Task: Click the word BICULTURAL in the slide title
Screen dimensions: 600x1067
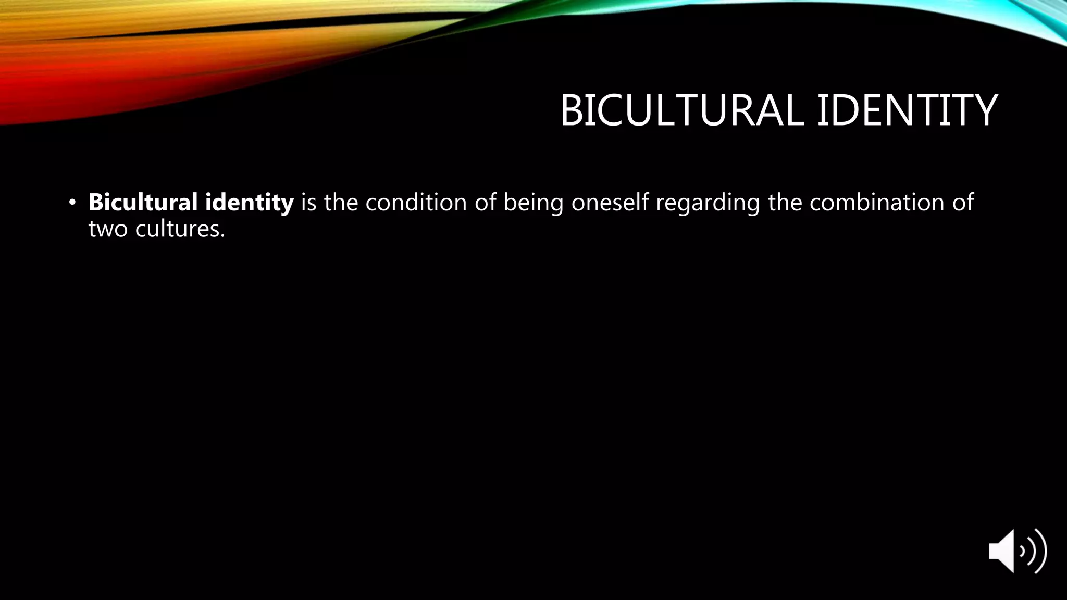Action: click(x=681, y=110)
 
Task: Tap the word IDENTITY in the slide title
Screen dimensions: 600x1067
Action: click(x=907, y=110)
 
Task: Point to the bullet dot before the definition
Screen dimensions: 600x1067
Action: click(x=72, y=203)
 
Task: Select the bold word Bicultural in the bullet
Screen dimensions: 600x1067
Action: click(x=143, y=202)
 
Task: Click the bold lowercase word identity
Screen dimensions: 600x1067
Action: click(x=249, y=202)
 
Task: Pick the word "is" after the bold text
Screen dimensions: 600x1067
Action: click(x=308, y=202)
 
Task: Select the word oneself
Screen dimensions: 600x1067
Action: click(x=610, y=202)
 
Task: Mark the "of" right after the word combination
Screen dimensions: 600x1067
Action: click(x=963, y=202)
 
